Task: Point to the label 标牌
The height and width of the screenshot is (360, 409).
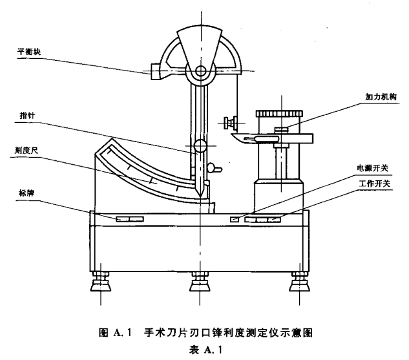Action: pyautogui.click(x=25, y=192)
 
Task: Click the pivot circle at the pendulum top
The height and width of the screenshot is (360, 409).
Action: pyautogui.click(x=198, y=71)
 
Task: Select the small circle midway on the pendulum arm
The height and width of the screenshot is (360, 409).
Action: pyautogui.click(x=199, y=147)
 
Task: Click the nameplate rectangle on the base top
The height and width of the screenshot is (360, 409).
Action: pyautogui.click(x=129, y=220)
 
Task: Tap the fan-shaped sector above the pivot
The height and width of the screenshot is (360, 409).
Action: pyautogui.click(x=199, y=45)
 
